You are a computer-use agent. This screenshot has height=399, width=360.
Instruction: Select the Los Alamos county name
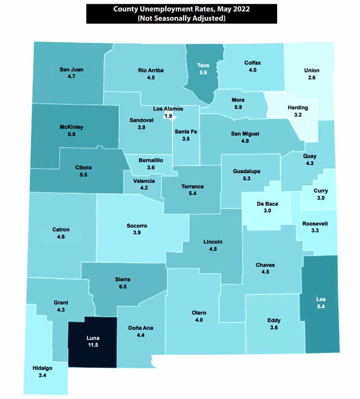(168, 109)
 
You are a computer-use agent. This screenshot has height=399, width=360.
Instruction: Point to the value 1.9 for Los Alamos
(168, 116)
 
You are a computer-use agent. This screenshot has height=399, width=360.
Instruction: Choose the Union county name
(312, 71)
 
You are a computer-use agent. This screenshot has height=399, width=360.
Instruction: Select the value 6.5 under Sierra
(123, 287)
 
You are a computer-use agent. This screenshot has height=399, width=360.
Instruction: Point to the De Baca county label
(267, 204)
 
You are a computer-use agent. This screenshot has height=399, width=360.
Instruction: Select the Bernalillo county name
(150, 160)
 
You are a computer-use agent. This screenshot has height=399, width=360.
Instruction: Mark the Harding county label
(298, 107)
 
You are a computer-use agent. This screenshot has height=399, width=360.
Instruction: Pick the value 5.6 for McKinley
(71, 134)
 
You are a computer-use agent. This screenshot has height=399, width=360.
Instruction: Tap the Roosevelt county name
(315, 224)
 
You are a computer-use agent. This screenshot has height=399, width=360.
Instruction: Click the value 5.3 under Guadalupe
(246, 179)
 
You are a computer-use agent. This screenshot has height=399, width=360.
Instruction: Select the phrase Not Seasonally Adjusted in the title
(182, 18)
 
